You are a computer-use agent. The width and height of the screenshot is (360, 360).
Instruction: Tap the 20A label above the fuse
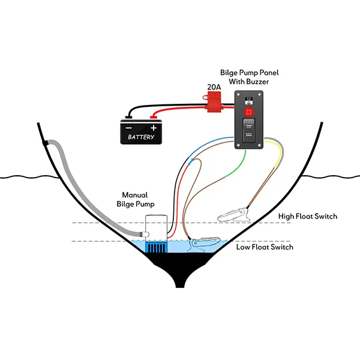[214, 88]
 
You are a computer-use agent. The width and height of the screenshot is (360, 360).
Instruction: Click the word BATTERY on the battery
[141, 137]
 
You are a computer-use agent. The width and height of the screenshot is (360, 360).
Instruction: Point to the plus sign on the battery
[154, 128]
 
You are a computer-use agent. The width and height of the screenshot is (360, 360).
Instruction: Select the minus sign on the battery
[128, 128]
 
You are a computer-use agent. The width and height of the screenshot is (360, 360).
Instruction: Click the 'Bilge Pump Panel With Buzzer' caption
[253, 77]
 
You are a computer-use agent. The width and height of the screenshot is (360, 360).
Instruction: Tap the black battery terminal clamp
[128, 116]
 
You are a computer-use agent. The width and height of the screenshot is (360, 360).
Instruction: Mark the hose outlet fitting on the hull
[46, 143]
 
